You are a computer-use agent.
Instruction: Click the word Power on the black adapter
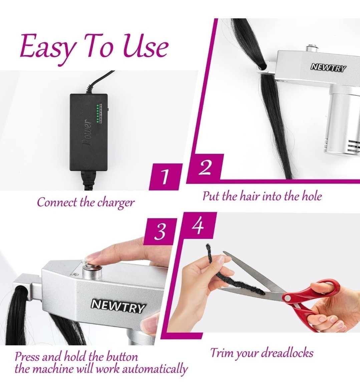[87, 132]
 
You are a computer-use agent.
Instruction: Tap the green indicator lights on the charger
[98, 114]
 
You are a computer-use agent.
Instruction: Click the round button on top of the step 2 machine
[312, 47]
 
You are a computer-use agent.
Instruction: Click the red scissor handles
[312, 305]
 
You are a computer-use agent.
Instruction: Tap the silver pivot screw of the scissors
[287, 298]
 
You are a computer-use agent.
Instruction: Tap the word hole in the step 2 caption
[312, 196]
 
